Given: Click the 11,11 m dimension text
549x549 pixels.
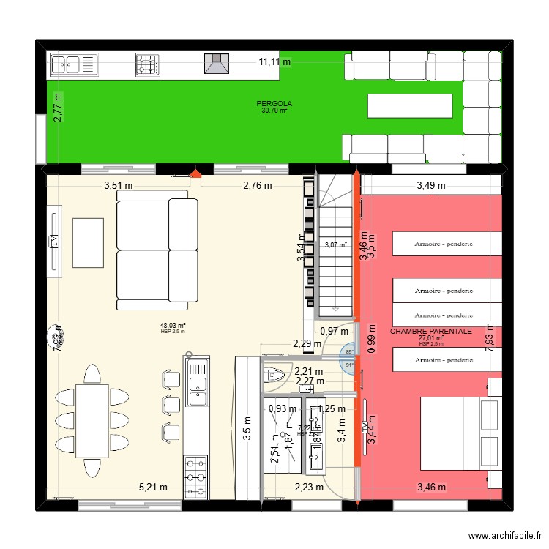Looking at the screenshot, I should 274,62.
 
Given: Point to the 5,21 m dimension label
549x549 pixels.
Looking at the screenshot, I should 153,487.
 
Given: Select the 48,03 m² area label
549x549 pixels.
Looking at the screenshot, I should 173,326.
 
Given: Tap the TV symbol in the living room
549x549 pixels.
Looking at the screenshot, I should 53,242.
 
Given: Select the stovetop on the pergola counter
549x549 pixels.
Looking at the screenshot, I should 147,64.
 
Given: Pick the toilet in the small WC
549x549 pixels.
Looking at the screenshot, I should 276,375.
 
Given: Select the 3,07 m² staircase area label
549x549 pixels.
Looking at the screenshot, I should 335,245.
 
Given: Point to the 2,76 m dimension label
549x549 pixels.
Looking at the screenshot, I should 258,185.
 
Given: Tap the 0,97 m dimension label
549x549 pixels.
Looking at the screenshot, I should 335,332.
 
